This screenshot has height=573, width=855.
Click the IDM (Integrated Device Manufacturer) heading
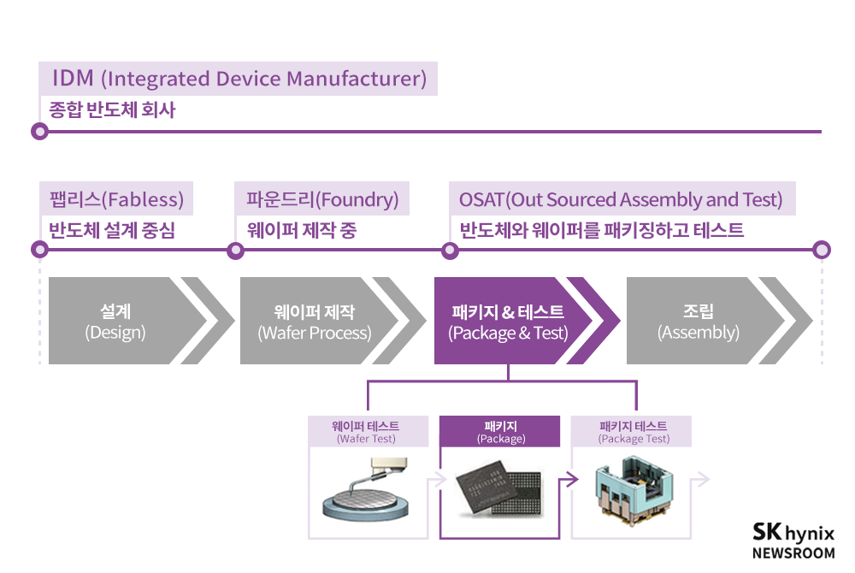(x=239, y=79)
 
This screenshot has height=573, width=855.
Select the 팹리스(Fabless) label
(x=116, y=199)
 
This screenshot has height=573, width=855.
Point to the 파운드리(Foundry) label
(x=321, y=199)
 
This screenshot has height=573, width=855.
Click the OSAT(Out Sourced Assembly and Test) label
(x=621, y=199)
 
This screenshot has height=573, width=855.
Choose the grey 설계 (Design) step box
(x=115, y=322)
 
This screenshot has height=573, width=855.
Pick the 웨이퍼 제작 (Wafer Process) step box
(x=315, y=322)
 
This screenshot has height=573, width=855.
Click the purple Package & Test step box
(x=508, y=322)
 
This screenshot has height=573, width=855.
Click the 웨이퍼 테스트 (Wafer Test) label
(x=366, y=432)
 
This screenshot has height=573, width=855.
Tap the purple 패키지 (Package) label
(x=500, y=432)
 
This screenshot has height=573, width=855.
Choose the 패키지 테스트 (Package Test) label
(x=633, y=432)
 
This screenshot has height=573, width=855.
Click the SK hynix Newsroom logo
(x=793, y=541)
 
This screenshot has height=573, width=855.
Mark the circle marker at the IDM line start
(x=38, y=132)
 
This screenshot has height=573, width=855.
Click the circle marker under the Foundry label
(x=235, y=250)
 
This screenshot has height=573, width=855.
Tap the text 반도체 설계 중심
(x=112, y=230)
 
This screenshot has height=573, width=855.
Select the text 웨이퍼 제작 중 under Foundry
(x=302, y=230)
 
